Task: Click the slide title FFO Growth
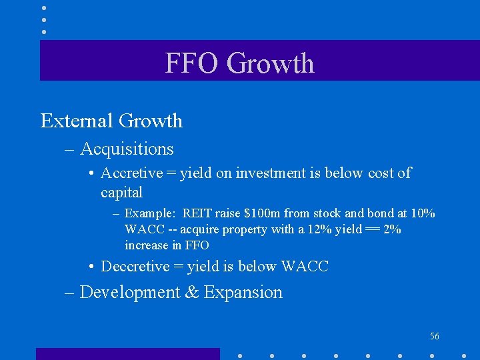(x=239, y=63)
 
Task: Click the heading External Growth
(x=111, y=121)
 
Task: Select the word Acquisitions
(x=127, y=149)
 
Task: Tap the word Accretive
(x=131, y=173)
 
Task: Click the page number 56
(x=435, y=336)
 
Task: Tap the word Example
(x=149, y=213)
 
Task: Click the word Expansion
(x=243, y=293)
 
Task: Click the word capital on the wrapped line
(x=121, y=193)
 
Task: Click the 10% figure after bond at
(x=422, y=213)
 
